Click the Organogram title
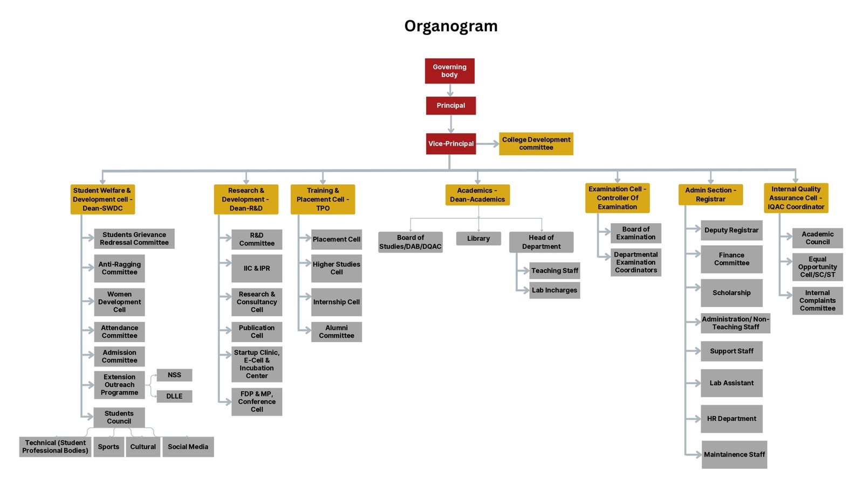451,26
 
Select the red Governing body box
449,71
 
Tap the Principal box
450,106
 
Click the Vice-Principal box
450,144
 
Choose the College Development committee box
536,143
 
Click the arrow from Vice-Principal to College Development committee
488,144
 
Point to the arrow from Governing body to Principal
450,90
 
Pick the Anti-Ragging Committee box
119,268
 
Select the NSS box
174,375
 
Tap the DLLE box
174,396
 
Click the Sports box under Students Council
108,447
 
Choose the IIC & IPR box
257,268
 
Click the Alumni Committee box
336,331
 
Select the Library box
478,238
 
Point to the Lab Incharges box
554,290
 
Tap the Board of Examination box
635,233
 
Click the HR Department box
731,419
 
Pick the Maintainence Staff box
734,454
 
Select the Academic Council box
817,238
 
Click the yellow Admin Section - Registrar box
710,195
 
